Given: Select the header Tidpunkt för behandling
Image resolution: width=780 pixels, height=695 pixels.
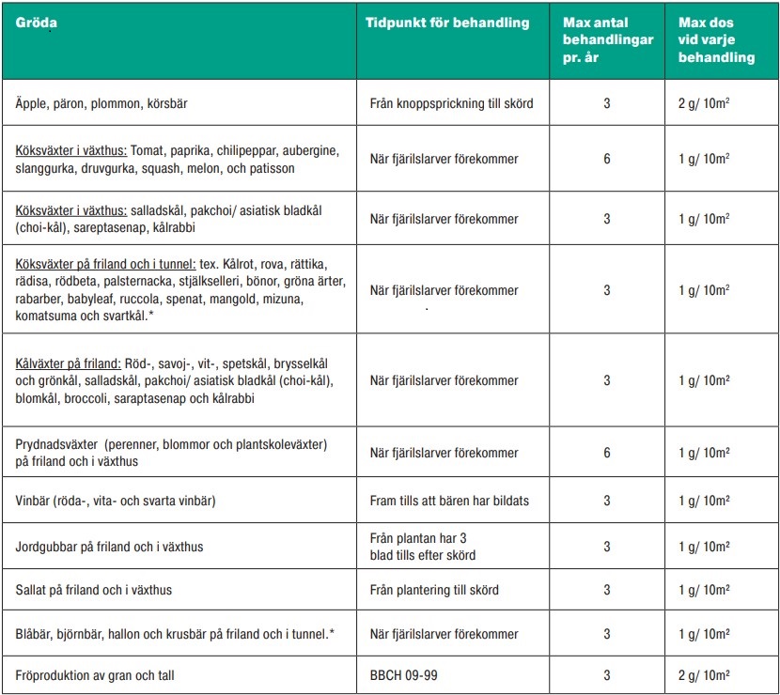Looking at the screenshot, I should click(x=448, y=23).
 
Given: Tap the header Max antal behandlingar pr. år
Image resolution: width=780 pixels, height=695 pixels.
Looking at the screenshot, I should click(x=607, y=39).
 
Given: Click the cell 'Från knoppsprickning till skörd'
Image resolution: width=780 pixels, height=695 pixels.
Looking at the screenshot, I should click(x=451, y=103).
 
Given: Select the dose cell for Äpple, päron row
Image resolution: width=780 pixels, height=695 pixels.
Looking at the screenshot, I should click(x=703, y=103).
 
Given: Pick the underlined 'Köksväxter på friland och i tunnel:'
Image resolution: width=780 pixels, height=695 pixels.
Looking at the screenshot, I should click(x=106, y=264).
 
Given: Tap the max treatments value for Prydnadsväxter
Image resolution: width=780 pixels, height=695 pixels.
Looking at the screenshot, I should click(x=607, y=453).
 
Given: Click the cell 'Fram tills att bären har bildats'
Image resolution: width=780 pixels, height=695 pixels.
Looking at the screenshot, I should click(x=449, y=501).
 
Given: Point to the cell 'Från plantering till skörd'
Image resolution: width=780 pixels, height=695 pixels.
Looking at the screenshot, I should click(x=434, y=590).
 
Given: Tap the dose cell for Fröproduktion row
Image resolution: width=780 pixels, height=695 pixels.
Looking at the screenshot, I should click(x=703, y=674).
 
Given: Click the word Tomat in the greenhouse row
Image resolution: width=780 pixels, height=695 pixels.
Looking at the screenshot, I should click(x=148, y=150).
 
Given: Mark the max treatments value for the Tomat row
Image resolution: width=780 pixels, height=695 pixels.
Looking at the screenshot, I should click(x=607, y=159).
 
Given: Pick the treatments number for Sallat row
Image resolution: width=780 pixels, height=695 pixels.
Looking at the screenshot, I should click(x=607, y=590).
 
